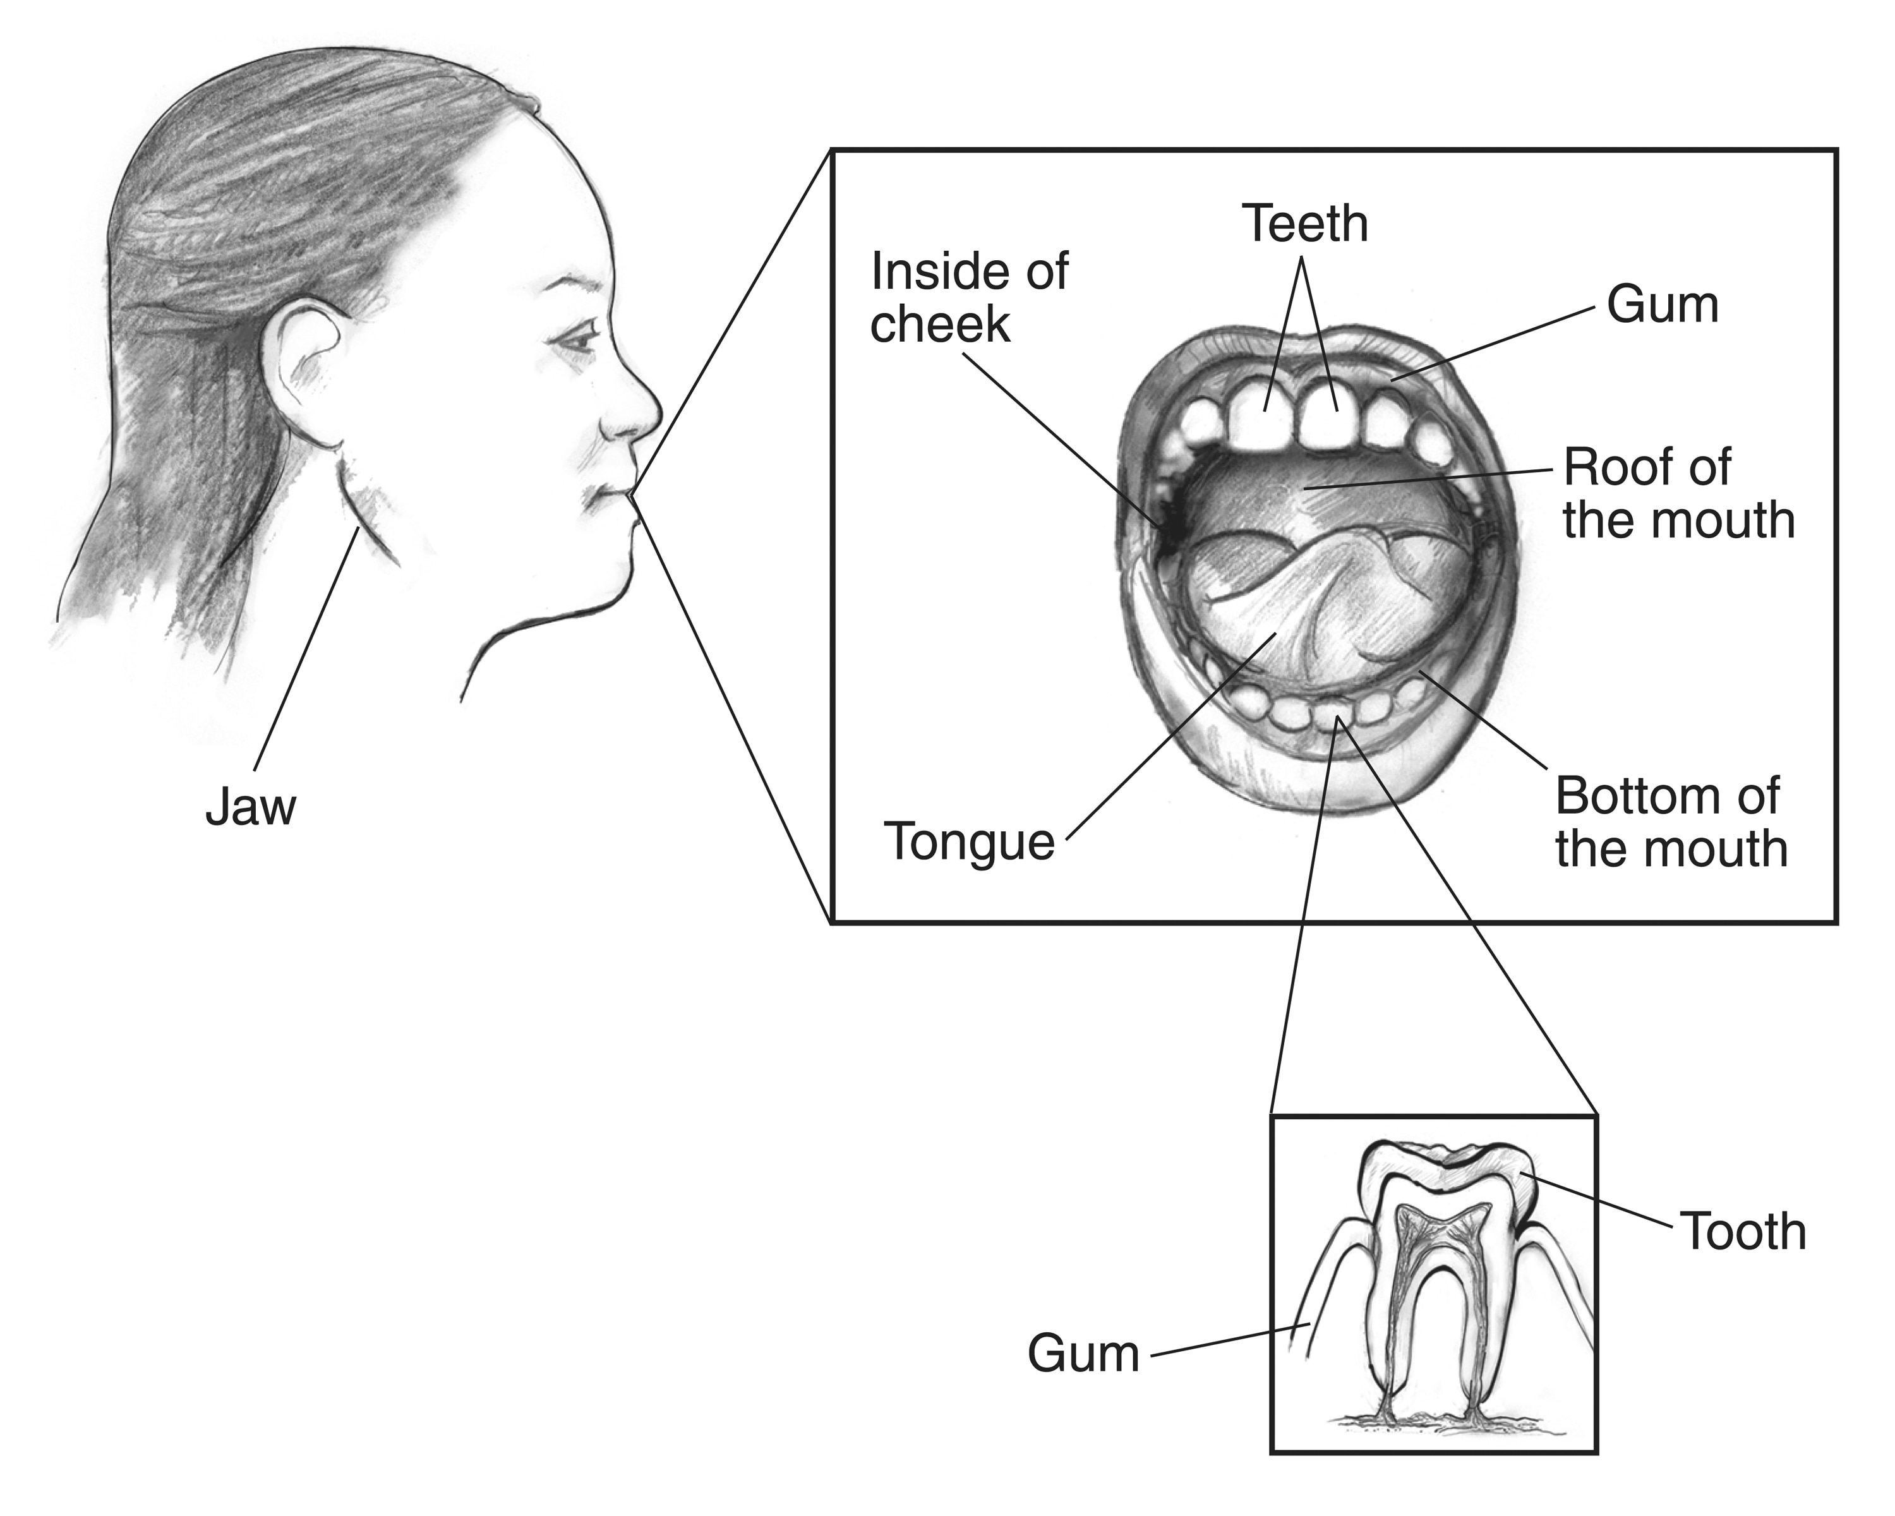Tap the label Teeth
tap(1305, 224)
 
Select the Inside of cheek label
tap(970, 298)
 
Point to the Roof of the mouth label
tap(1678, 493)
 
